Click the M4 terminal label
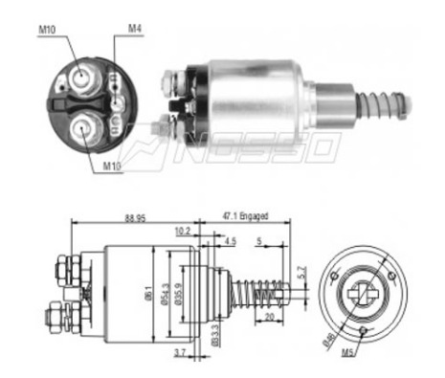click(x=136, y=30)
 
